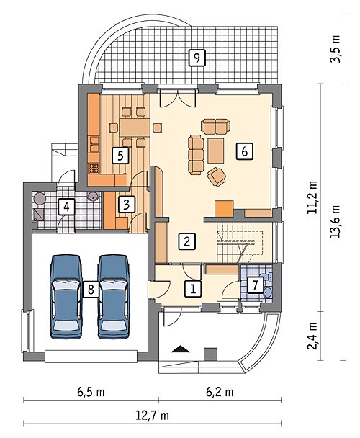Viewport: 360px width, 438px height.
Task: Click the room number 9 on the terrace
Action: pos(197,58)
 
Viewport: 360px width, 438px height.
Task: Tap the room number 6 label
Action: pos(244,151)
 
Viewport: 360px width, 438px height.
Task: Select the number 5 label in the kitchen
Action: pos(120,156)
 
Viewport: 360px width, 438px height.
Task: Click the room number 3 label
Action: pos(126,205)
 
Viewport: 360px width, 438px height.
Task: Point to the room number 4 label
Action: pos(66,207)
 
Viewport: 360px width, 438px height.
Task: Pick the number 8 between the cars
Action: pos(91,290)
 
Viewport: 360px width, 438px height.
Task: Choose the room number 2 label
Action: pos(187,241)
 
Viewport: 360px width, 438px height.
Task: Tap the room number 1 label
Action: pos(193,288)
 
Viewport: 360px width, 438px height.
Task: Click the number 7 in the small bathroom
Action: pos(255,285)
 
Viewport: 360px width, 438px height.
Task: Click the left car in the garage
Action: pos(66,296)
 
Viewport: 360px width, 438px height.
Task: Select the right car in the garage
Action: pos(114,296)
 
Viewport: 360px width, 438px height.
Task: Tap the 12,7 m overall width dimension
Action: pos(152,416)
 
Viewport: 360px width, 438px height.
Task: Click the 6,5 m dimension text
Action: pos(91,392)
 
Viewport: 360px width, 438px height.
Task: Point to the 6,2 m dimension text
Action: pos(220,392)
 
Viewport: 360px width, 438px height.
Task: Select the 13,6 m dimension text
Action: pos(335,221)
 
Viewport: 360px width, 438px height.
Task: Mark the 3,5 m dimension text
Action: pos(335,49)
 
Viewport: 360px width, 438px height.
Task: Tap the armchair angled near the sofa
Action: pos(217,176)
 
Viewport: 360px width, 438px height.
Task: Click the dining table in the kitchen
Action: pos(135,128)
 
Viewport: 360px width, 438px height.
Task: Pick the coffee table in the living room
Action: pos(216,151)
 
